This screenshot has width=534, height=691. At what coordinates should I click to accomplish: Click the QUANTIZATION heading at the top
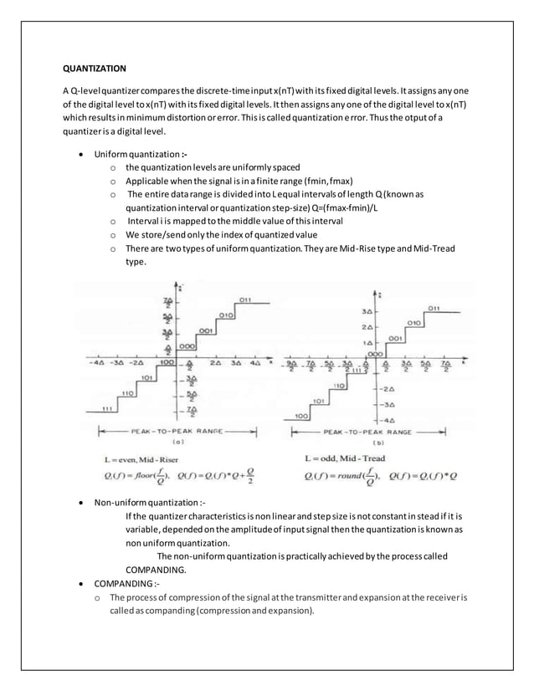click(x=95, y=68)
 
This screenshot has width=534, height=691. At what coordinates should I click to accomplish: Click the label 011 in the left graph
click(x=244, y=299)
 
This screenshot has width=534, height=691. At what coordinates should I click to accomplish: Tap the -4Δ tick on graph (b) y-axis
click(x=388, y=418)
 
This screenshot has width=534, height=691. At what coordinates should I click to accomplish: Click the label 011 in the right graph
click(x=434, y=309)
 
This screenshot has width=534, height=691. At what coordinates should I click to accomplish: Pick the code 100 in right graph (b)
click(x=302, y=415)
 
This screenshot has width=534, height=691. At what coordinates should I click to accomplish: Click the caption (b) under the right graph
click(x=379, y=442)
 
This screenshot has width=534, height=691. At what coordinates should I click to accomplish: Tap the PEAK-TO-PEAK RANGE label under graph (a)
click(x=177, y=431)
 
